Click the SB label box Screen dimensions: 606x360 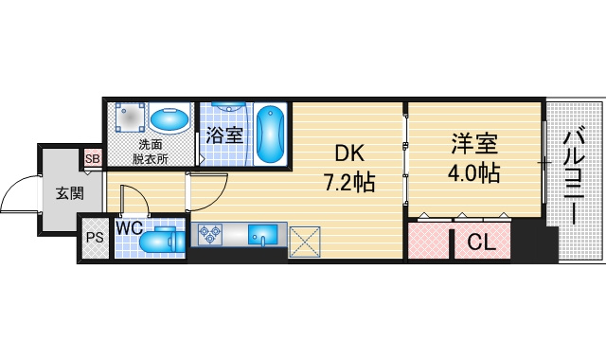point(93,158)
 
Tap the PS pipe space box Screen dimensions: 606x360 point(95,238)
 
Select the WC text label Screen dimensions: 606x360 point(130,228)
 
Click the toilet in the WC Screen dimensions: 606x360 point(162,242)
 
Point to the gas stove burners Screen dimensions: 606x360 point(210,234)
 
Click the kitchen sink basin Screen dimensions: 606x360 point(263,235)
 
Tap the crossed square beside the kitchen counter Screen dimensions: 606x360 point(305,242)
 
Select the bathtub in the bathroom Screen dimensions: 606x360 point(271,135)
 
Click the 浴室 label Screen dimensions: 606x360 point(224,135)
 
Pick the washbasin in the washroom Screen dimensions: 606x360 point(169,119)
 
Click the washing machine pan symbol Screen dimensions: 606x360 point(130,117)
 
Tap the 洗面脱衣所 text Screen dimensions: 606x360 point(151,152)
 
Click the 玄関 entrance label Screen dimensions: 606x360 point(70,193)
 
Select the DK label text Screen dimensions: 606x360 point(349,153)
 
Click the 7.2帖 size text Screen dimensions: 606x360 point(349,183)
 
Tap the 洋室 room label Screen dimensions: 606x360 point(474,143)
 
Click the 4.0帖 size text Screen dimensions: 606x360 point(474,172)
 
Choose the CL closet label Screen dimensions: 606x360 point(482,243)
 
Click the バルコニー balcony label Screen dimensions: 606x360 point(576,175)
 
